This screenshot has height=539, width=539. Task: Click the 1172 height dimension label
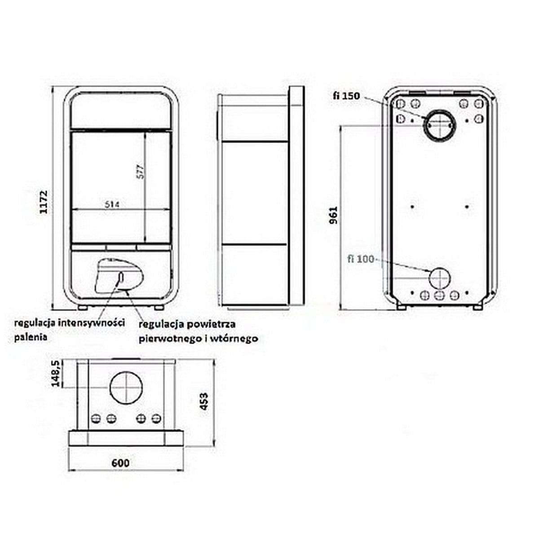pyautogui.click(x=44, y=202)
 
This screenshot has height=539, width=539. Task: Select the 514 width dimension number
pyautogui.click(x=112, y=205)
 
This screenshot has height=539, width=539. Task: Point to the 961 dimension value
pyautogui.click(x=333, y=215)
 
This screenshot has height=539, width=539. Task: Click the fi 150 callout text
pyautogui.click(x=346, y=96)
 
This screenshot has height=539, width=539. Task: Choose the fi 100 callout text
pyautogui.click(x=361, y=259)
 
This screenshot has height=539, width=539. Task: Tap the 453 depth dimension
pyautogui.click(x=204, y=401)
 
